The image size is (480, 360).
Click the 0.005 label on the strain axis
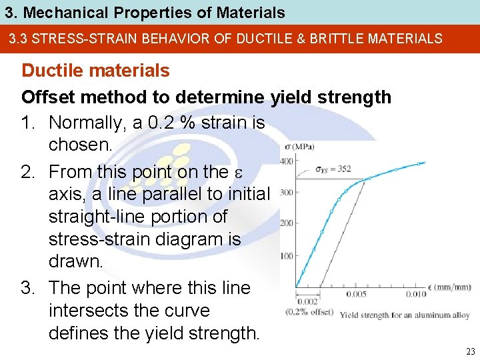click(x=357, y=294)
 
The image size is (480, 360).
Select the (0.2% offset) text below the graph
click(x=310, y=311)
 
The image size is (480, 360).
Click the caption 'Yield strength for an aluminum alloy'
click(x=395, y=315)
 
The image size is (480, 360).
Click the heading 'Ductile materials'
click(x=95, y=70)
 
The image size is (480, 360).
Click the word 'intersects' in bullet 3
click(x=81, y=311)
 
